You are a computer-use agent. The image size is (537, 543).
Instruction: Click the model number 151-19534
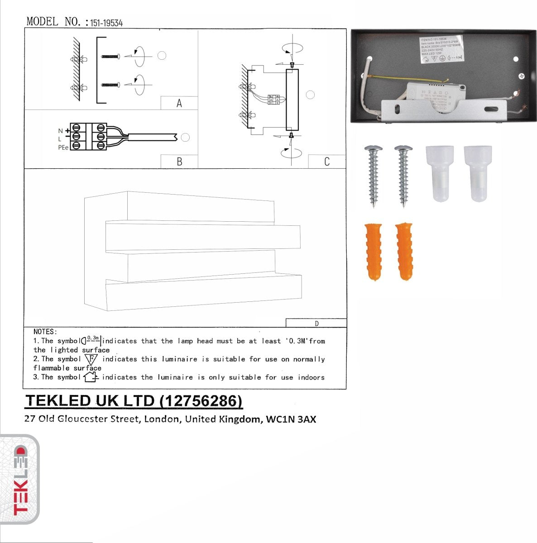(x=106, y=23)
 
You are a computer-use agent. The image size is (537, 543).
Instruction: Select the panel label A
(x=179, y=104)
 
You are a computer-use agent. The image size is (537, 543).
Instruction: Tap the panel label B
(x=179, y=162)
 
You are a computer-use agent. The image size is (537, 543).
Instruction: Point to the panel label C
(x=327, y=162)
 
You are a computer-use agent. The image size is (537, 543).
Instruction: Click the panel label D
(x=316, y=323)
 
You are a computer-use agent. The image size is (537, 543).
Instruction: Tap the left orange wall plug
(x=374, y=252)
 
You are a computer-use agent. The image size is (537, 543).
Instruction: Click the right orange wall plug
(x=403, y=252)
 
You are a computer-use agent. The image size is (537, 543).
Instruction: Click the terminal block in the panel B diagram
(x=88, y=136)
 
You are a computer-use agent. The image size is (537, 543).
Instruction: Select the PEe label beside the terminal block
(x=63, y=148)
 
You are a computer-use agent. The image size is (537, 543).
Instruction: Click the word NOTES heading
(x=45, y=332)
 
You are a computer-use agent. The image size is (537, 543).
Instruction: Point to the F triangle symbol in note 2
(x=92, y=360)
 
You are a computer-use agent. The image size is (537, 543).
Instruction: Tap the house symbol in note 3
(x=91, y=377)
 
